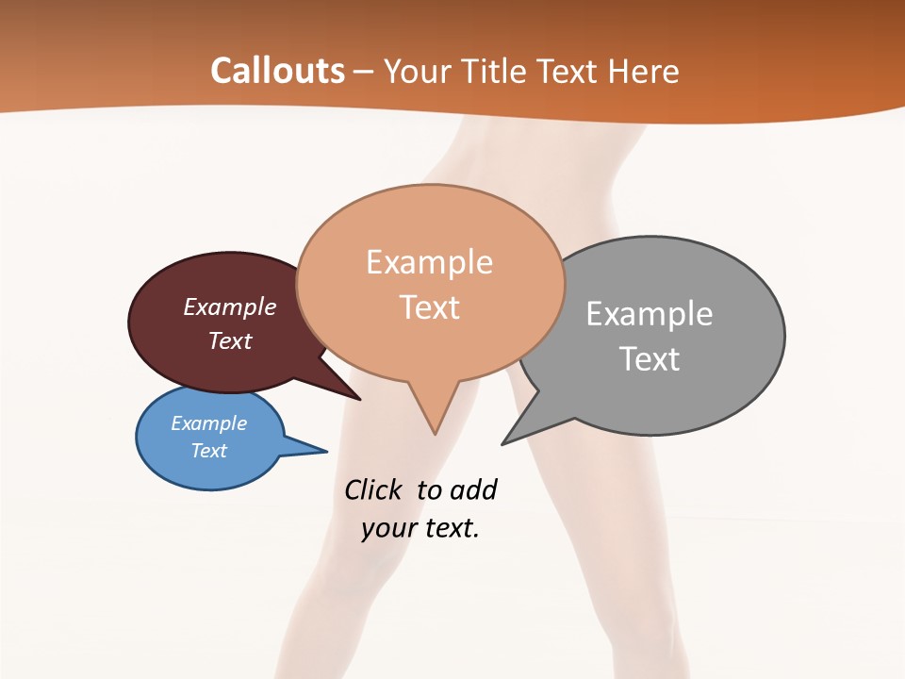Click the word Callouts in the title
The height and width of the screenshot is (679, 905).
[277, 71]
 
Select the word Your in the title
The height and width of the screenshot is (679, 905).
[418, 71]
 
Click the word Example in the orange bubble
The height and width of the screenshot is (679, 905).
[429, 262]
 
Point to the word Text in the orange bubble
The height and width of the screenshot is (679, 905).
[429, 307]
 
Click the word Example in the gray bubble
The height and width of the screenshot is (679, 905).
[649, 314]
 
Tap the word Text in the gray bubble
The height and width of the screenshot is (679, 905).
[649, 359]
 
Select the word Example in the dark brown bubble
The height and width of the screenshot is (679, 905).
[230, 307]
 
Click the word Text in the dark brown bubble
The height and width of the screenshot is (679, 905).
[230, 340]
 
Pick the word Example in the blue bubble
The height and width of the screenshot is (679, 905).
[208, 423]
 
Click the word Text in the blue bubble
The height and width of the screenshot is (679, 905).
[208, 451]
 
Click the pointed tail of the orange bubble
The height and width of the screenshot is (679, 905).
[434, 429]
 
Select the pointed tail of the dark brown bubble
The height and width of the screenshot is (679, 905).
[356, 397]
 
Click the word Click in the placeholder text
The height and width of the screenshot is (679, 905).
[374, 489]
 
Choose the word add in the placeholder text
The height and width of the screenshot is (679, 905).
[473, 489]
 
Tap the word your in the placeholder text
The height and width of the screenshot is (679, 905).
[388, 528]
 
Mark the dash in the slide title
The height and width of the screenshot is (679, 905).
[364, 72]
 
